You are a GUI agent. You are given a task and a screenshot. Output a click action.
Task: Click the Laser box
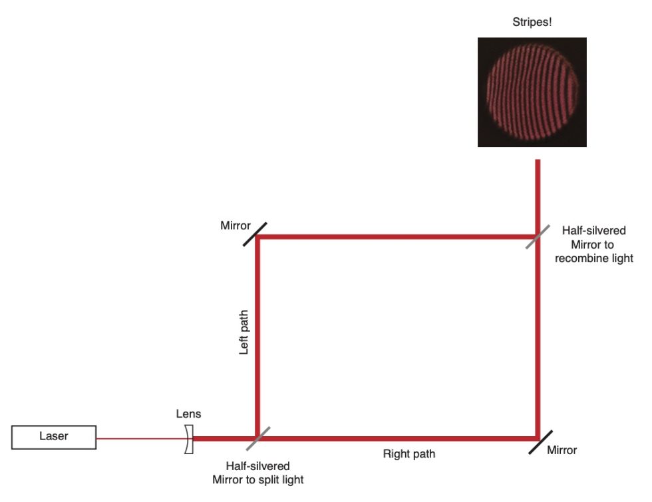[x=53, y=437]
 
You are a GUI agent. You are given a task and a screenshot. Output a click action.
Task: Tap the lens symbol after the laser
[x=189, y=439]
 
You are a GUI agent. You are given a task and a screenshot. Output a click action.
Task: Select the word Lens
[x=188, y=414]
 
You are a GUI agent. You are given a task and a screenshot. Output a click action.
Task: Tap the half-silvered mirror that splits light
[x=257, y=439]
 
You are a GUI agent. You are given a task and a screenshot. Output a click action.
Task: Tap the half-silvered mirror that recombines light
[x=538, y=235]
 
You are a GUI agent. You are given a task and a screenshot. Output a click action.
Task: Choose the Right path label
[x=408, y=455]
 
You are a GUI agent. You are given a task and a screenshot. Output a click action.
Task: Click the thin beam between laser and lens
[x=140, y=439]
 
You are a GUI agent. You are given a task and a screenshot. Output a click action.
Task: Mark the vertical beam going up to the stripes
[x=538, y=193]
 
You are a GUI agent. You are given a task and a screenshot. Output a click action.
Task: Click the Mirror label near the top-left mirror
[x=236, y=226]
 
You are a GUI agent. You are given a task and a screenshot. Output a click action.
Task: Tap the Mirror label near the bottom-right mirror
[x=562, y=450]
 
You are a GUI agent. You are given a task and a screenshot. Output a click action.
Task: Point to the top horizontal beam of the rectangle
[x=399, y=236]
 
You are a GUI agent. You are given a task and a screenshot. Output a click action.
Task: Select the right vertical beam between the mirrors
[x=538, y=339]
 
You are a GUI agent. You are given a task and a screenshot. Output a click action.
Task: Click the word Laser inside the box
[x=53, y=437]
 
